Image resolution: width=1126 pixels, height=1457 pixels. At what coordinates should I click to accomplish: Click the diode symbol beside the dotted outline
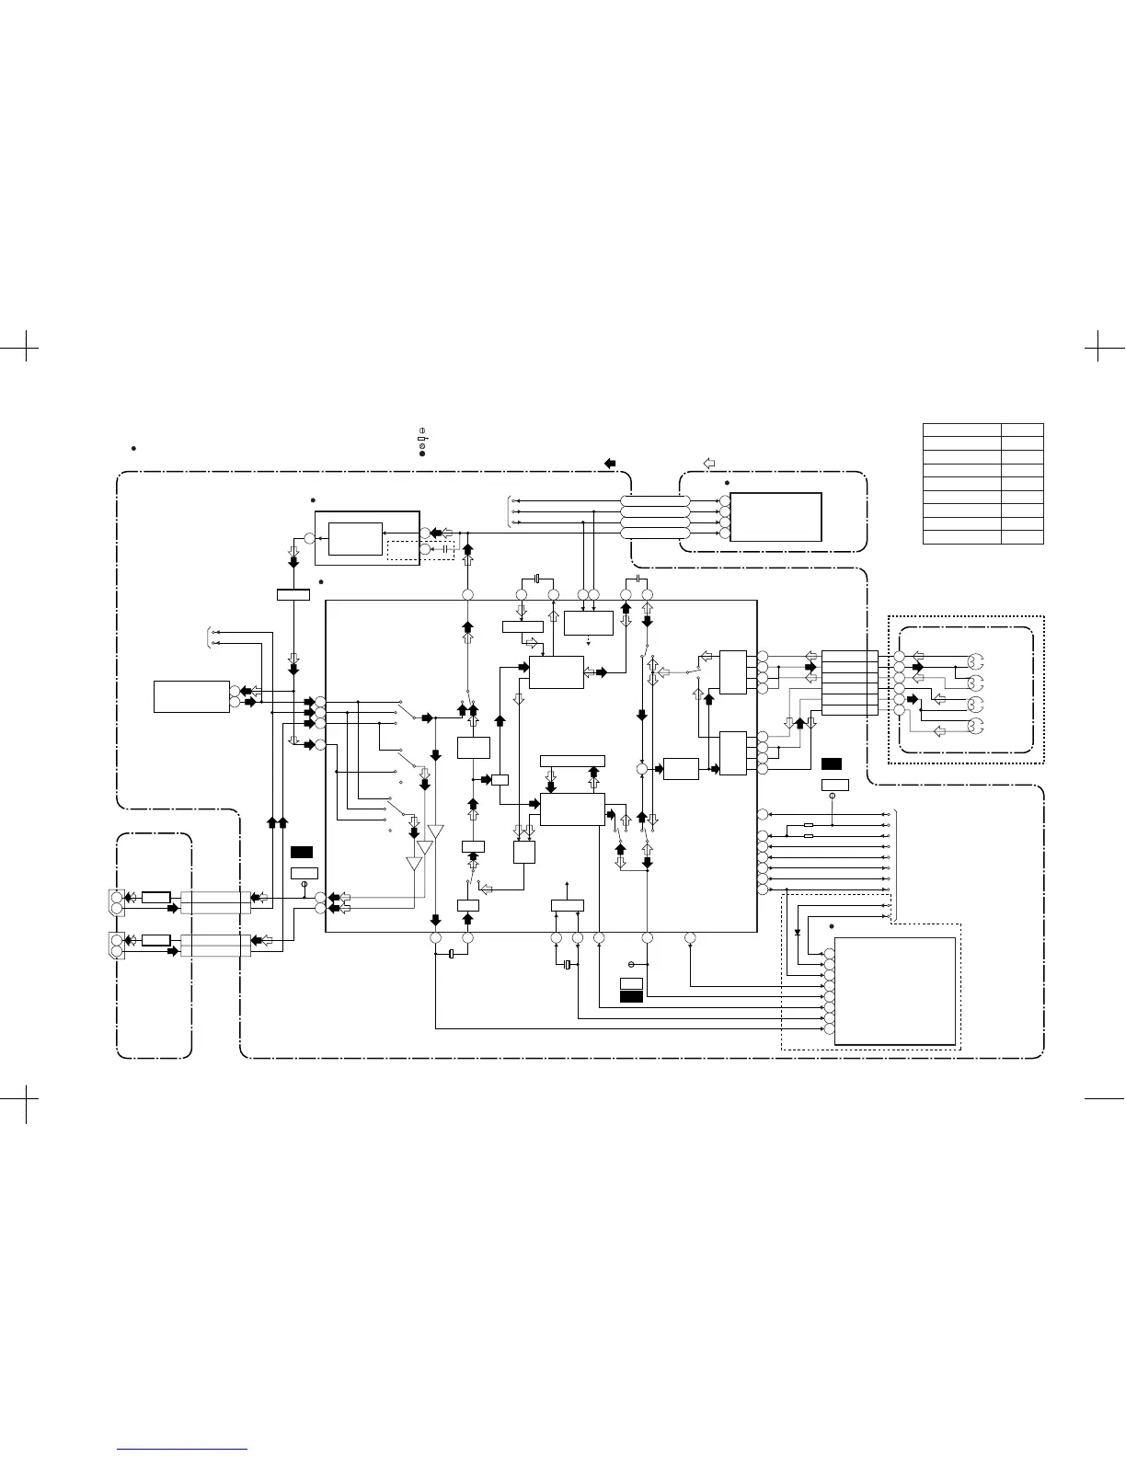pyautogui.click(x=797, y=932)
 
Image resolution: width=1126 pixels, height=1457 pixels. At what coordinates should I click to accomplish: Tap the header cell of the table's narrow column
pyautogui.click(x=1022, y=430)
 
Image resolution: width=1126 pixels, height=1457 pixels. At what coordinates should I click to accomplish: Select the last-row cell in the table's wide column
pyautogui.click(x=961, y=537)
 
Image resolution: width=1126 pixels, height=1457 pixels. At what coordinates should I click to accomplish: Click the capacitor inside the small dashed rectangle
pyautogui.click(x=446, y=551)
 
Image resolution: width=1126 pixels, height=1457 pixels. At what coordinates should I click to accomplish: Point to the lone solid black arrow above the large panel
pyautogui.click(x=610, y=463)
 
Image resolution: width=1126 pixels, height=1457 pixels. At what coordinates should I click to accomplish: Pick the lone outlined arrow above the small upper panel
pyautogui.click(x=709, y=461)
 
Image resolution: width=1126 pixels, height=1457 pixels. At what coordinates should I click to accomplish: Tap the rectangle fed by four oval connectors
pyautogui.click(x=776, y=517)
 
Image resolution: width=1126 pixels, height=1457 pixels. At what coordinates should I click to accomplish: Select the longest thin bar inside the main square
pyautogui.click(x=572, y=761)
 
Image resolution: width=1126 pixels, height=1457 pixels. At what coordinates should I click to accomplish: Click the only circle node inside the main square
pyautogui.click(x=642, y=768)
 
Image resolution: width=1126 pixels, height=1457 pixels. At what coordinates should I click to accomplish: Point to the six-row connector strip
pyautogui.click(x=849, y=683)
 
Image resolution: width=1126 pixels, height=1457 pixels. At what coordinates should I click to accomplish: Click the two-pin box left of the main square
pyautogui.click(x=191, y=696)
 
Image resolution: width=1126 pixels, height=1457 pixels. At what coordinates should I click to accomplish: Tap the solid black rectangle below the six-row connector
pyautogui.click(x=832, y=763)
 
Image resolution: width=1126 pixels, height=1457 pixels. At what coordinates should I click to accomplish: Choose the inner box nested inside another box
pyautogui.click(x=355, y=539)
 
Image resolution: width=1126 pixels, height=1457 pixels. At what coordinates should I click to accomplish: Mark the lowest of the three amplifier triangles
pyautogui.click(x=414, y=864)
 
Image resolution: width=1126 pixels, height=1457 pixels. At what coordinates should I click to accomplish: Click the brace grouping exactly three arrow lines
pyautogui.click(x=510, y=512)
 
